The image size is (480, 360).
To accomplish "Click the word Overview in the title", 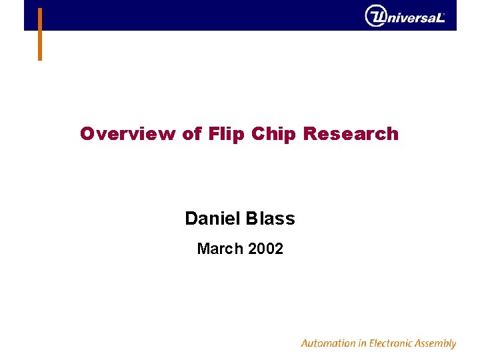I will [127, 134].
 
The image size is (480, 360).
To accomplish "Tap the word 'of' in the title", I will [192, 134].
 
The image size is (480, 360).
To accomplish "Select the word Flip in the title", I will [227, 134].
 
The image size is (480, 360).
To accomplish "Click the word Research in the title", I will [351, 134].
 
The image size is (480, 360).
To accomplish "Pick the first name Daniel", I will [214, 219].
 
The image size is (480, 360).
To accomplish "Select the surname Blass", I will [271, 219].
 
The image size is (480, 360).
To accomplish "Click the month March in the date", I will [219, 249].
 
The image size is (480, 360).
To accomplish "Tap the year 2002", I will [265, 249].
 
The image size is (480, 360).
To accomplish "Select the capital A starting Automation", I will [305, 343].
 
